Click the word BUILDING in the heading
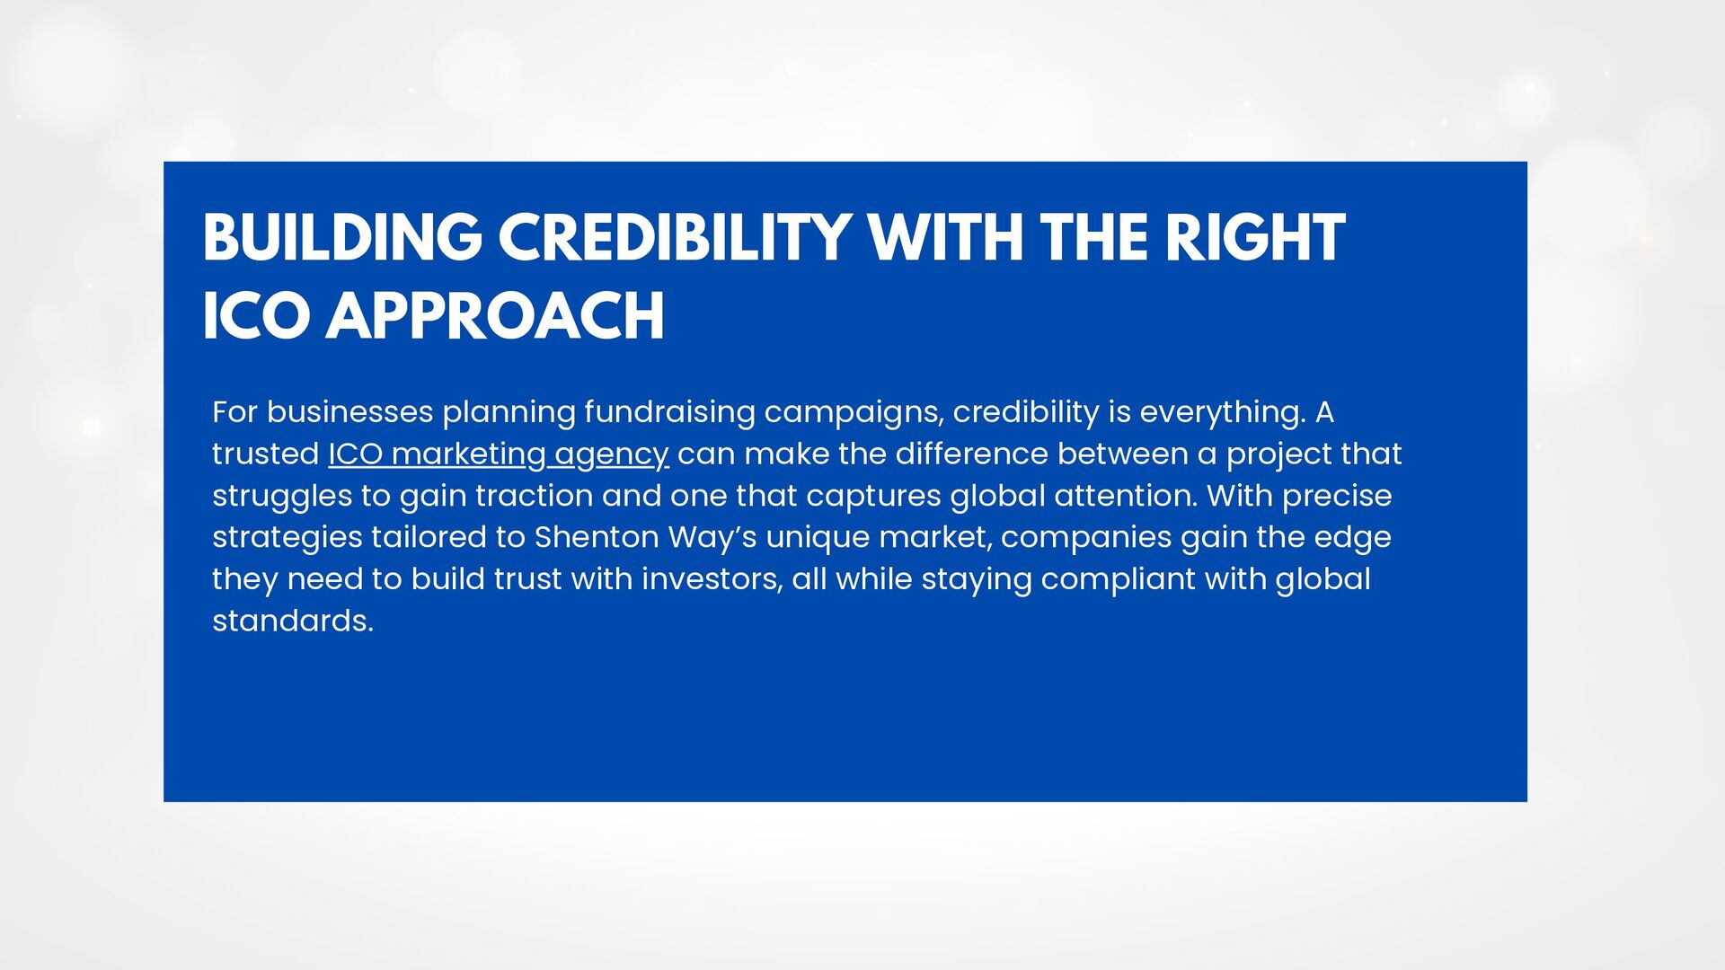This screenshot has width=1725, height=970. tap(342, 238)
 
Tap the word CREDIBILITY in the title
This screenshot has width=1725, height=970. tap(675, 238)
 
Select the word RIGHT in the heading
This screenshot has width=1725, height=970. tap(1255, 238)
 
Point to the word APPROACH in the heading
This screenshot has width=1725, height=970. tap(495, 316)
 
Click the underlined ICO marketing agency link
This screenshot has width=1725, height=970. tap(499, 454)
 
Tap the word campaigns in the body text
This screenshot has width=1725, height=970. tap(854, 413)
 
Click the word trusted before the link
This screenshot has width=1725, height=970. tap(266, 454)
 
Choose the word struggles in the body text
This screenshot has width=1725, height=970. tap(282, 497)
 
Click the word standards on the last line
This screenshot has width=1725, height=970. tap(293, 621)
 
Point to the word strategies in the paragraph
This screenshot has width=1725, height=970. tap(287, 538)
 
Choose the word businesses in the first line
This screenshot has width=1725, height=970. tap(350, 412)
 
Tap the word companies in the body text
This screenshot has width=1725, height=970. tap(1086, 538)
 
